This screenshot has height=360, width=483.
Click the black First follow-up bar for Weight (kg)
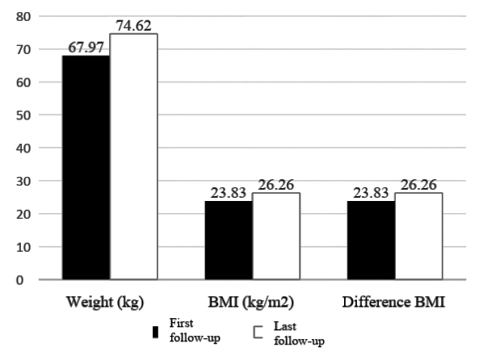click(86, 167)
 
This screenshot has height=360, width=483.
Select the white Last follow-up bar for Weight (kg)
click(133, 157)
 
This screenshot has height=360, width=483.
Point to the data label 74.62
click(134, 26)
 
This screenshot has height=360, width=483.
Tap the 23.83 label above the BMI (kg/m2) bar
click(228, 194)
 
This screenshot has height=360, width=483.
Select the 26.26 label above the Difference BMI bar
click(418, 185)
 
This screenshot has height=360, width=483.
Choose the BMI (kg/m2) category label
click(252, 303)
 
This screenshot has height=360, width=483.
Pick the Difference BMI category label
click(395, 303)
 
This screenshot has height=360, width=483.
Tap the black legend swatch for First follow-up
click(155, 332)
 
